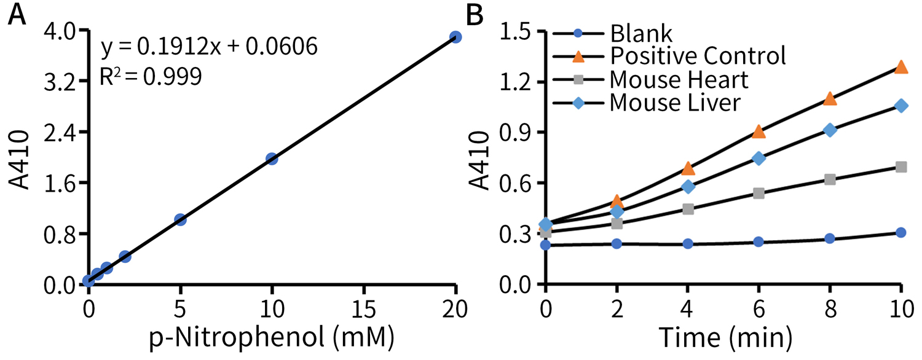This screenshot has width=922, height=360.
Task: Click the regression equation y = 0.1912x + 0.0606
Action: [x=208, y=47]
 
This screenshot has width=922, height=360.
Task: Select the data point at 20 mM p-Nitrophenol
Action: [x=455, y=37]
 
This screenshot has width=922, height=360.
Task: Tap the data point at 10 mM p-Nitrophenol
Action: [x=272, y=158]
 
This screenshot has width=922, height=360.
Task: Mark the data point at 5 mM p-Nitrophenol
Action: [x=180, y=219]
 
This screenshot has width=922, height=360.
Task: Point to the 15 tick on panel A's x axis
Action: [x=363, y=305]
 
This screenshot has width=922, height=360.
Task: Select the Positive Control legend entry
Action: [x=698, y=56]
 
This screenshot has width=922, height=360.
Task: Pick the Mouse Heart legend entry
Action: [x=679, y=79]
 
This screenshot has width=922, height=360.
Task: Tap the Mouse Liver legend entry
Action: [x=675, y=103]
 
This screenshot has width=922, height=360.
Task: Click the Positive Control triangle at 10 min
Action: [x=901, y=67]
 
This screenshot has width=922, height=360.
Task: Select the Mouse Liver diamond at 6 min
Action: [x=759, y=158]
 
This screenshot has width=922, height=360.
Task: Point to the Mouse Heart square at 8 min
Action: [x=830, y=179]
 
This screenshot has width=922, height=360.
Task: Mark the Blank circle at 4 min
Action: [x=688, y=244]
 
